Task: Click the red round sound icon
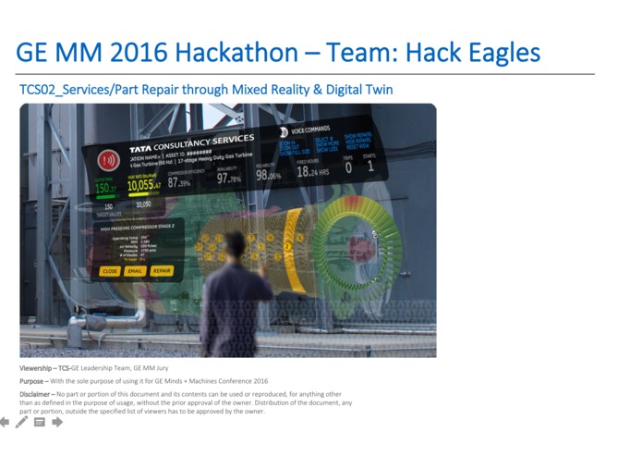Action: point(107,159)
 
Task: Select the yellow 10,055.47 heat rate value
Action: point(144,185)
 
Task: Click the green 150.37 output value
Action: point(106,188)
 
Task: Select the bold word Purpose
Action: point(33,381)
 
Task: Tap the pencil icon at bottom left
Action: point(21,423)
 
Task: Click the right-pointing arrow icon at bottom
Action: point(57,423)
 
